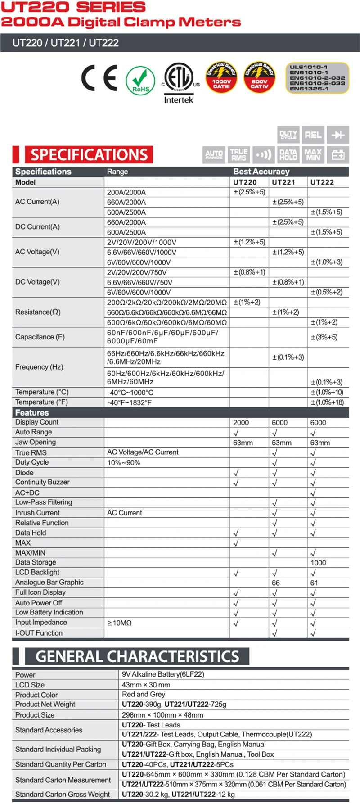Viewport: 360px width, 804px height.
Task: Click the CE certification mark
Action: pos(99,78)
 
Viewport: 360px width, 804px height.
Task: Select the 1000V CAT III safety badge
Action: pos(221,77)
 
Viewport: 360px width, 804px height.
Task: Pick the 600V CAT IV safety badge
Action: pos(260,77)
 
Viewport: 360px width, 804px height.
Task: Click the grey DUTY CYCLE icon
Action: pos(288,135)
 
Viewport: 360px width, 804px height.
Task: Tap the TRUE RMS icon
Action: pos(239,154)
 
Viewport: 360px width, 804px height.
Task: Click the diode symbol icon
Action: pos(338,135)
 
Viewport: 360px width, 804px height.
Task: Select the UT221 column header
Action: pos(283,182)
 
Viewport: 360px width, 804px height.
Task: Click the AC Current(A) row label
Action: pos(37,202)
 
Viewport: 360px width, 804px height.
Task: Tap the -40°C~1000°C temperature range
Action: pos(130,393)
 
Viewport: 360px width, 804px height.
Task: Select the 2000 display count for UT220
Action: pos(241,423)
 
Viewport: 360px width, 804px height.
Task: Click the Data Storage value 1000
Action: pos(318,563)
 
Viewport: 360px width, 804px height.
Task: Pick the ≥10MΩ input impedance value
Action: pos(120,623)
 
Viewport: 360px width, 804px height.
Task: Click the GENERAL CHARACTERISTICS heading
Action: pos(137,656)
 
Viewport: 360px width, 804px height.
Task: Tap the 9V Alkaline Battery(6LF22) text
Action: pos(163,674)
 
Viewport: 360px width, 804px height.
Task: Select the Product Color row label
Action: pos(36,695)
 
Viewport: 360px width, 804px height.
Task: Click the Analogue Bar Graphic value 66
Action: pos(276,583)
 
